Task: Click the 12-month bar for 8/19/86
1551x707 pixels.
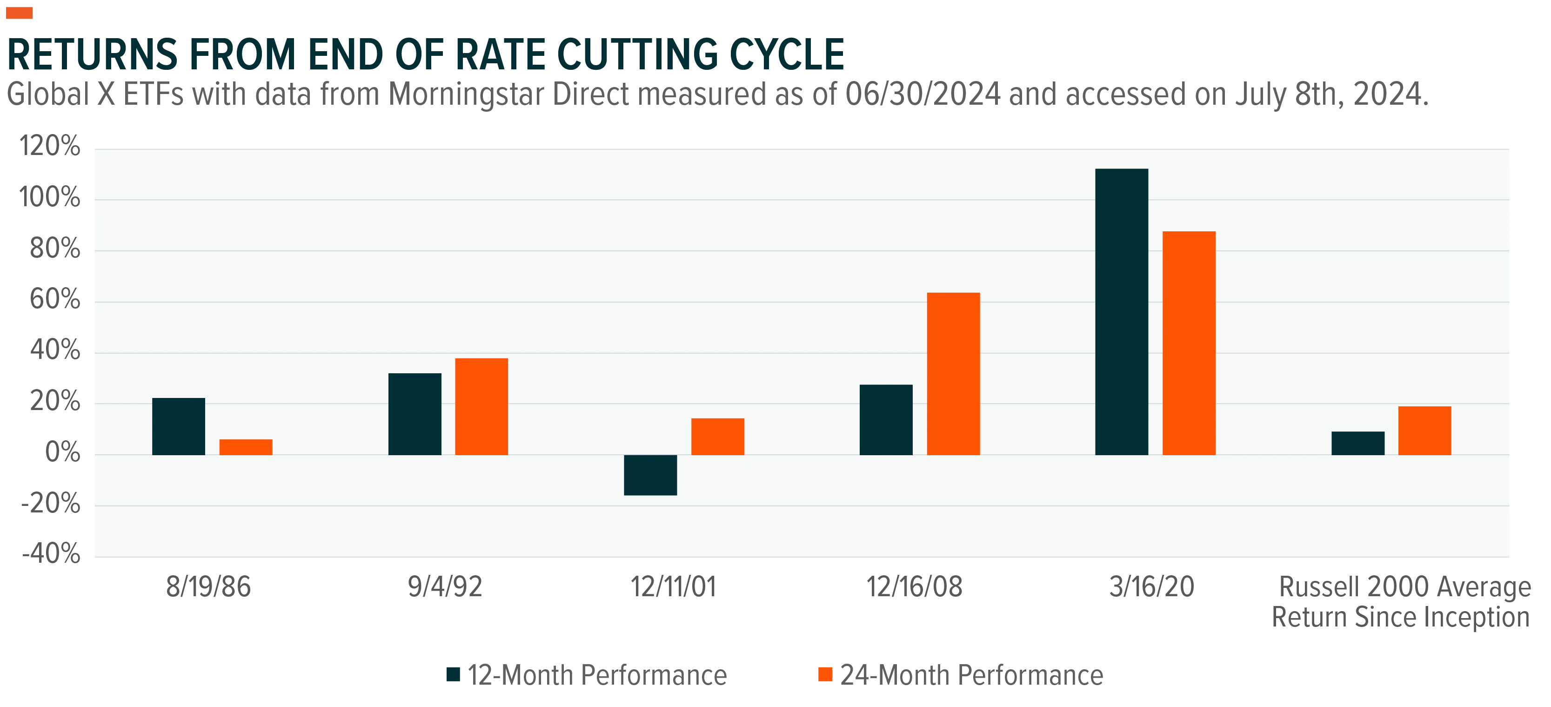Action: point(178,426)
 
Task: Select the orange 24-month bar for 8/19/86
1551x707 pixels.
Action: point(246,447)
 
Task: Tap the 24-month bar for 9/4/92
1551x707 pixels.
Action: point(481,406)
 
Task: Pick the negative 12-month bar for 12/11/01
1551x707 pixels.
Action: point(650,475)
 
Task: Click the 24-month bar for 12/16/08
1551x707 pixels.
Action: point(953,373)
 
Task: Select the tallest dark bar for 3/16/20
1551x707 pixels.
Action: point(1122,312)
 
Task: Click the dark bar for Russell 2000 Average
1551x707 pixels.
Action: point(1358,443)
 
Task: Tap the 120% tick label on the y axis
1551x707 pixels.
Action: point(49,146)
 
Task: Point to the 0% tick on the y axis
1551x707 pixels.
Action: point(63,452)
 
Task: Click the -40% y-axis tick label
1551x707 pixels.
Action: point(51,553)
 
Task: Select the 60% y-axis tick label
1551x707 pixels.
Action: point(55,299)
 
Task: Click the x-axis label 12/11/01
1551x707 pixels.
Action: point(673,586)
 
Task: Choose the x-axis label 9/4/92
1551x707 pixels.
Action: point(445,586)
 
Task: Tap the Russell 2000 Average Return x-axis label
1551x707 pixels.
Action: point(1401,602)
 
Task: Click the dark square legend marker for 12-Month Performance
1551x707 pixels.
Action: point(454,674)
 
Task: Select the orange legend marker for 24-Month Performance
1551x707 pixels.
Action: point(825,674)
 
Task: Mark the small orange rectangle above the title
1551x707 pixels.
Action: point(19,13)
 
